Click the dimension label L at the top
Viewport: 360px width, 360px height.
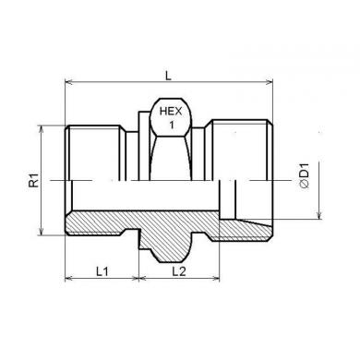click(168, 76)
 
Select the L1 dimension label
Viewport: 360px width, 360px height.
click(102, 271)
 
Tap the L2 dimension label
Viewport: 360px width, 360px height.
click(179, 271)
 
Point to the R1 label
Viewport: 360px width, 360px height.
click(34, 180)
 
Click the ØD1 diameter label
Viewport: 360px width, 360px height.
click(304, 175)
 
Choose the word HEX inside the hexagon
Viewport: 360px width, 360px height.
click(171, 112)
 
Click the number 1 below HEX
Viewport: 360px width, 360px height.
click(172, 125)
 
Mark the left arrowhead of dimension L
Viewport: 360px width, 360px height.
click(68, 82)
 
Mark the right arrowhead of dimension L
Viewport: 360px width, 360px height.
click(269, 82)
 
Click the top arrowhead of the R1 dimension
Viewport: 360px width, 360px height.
click(42, 129)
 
